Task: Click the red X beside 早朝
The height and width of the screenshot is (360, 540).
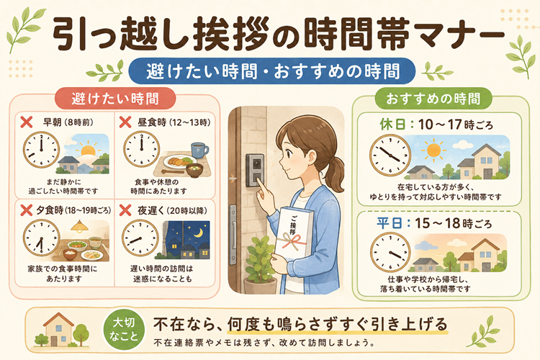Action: [27, 122]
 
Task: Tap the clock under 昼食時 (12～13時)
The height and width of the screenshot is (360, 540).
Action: [142, 150]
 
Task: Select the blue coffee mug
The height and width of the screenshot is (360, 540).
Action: [199, 150]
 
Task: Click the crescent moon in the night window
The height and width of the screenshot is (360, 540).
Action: [198, 233]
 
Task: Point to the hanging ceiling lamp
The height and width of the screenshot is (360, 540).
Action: [79, 226]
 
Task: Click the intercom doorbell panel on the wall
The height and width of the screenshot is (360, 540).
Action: [255, 170]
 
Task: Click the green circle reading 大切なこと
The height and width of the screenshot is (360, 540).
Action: [124, 329]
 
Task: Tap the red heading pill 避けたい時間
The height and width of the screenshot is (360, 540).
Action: [115, 99]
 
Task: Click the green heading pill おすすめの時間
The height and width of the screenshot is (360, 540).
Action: [433, 99]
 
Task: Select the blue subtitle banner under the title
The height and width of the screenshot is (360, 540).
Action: [271, 71]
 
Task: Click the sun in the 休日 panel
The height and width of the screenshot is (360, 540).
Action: [433, 150]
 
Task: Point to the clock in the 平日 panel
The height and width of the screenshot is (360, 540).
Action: [390, 252]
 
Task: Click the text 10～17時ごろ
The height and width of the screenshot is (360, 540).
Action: [455, 125]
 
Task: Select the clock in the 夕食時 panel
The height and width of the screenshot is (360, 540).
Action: [41, 238]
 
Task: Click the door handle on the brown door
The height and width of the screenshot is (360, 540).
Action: [233, 235]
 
